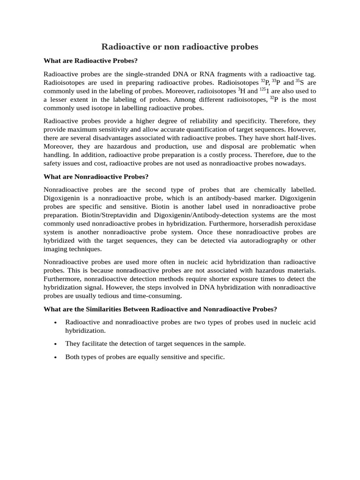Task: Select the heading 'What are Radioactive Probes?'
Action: (90, 60)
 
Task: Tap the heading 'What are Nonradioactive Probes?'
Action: (96, 177)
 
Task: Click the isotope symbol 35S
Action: (300, 82)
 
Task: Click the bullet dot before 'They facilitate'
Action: (55, 344)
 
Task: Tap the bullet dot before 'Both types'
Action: (55, 358)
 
